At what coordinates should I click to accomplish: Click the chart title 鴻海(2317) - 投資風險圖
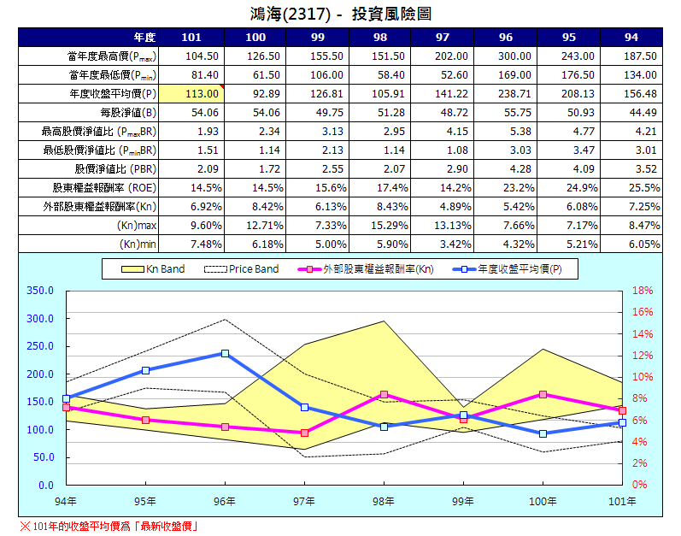click(x=340, y=13)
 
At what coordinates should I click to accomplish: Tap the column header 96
click(x=506, y=37)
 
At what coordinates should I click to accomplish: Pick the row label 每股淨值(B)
click(x=127, y=112)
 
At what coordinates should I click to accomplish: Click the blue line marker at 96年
click(x=225, y=353)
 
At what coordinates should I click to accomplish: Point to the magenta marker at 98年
click(x=384, y=394)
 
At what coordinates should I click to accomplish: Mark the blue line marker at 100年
click(x=543, y=433)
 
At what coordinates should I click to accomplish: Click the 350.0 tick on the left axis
click(x=41, y=291)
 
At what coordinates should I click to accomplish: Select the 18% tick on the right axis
click(x=642, y=291)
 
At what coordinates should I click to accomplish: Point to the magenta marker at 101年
click(x=622, y=410)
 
